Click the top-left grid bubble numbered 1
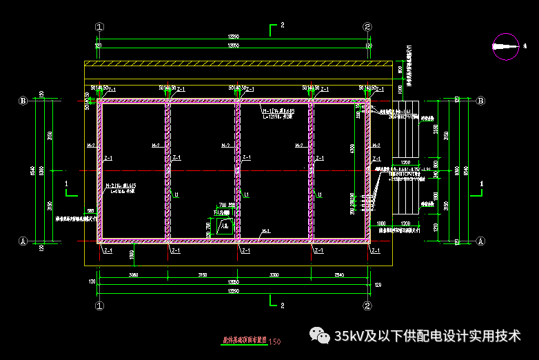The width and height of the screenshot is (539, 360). click(x=100, y=27)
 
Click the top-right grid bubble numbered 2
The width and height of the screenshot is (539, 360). click(x=367, y=27)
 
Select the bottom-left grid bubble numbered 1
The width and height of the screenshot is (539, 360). click(x=100, y=306)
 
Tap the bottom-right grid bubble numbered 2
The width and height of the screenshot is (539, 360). click(x=367, y=306)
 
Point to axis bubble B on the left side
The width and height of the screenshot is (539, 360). click(x=23, y=101)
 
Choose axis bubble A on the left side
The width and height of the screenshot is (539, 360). click(x=23, y=241)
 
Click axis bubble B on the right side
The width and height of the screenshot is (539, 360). click(x=480, y=101)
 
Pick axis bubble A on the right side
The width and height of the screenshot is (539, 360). click(x=480, y=241)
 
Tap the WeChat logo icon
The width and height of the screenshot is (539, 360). click(x=321, y=336)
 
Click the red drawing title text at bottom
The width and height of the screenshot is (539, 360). click(x=244, y=341)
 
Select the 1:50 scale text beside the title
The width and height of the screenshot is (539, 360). click(x=275, y=341)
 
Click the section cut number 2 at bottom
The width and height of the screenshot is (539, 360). click(x=282, y=304)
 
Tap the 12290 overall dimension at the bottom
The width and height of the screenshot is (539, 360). click(x=234, y=290)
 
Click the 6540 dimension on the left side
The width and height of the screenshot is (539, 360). click(x=33, y=171)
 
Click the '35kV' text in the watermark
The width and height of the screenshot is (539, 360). click(x=349, y=336)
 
